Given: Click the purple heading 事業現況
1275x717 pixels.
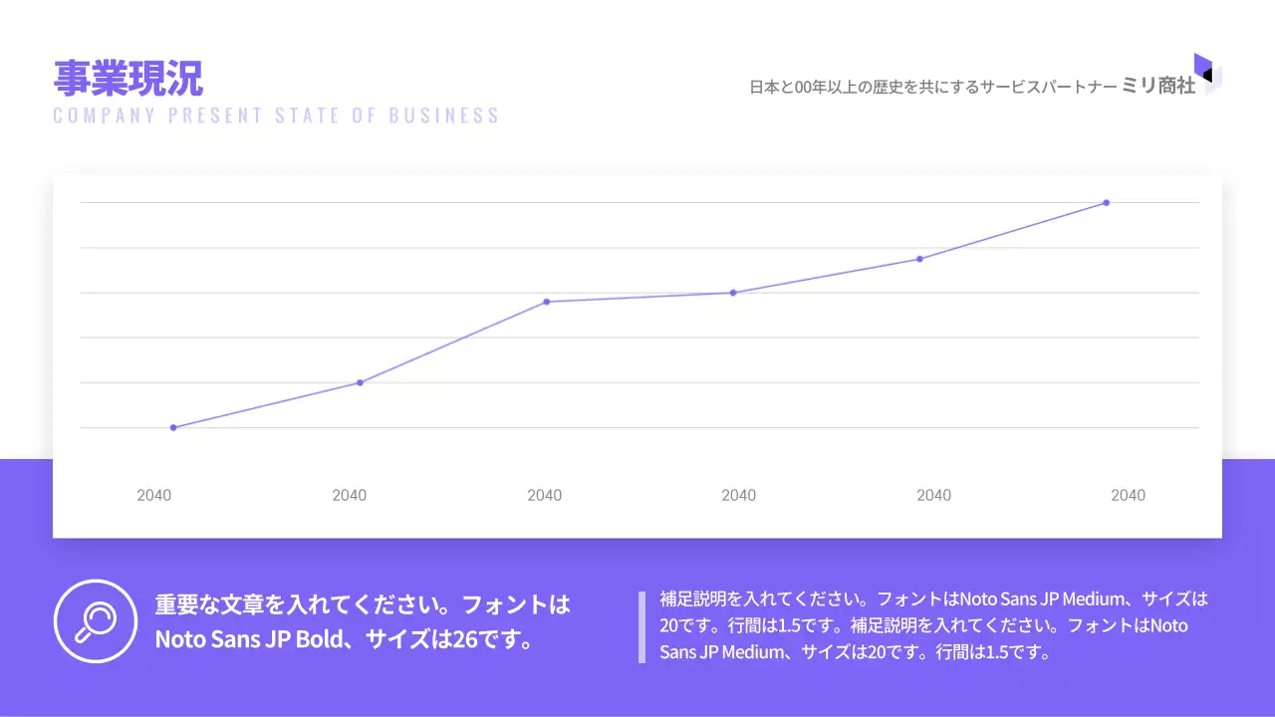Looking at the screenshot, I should (127, 78).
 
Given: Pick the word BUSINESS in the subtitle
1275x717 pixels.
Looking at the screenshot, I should (444, 116).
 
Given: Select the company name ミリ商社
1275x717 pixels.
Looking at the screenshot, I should (1158, 87).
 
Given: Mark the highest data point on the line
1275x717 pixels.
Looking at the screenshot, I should (1106, 203).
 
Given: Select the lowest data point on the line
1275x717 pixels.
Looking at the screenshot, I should (173, 427).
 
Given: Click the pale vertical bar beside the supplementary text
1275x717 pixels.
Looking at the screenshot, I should (641, 627).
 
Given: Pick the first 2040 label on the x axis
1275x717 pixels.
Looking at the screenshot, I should (154, 495).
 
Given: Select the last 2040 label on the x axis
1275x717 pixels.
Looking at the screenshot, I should (1128, 495).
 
